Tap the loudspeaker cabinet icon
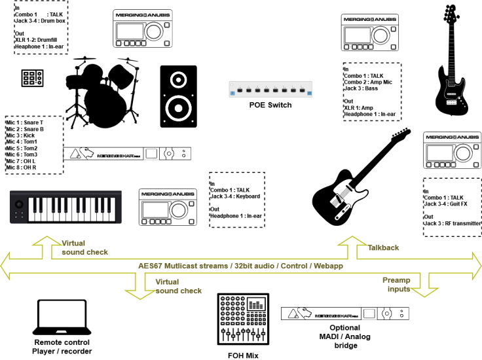[x=178, y=96]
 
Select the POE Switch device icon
[x=270, y=90]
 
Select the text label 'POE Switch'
[x=270, y=105]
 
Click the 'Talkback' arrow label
[x=383, y=248]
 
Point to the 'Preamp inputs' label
[x=397, y=284]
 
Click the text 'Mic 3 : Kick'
[x=22, y=135]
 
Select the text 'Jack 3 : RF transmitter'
[x=453, y=223]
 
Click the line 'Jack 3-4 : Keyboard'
[x=235, y=196]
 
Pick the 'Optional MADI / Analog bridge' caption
[x=344, y=336]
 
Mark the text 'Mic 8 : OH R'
[x=22, y=168]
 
